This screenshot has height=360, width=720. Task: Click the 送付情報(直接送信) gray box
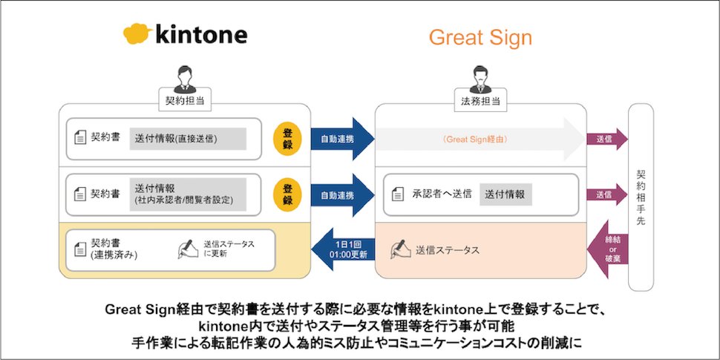point(188,139)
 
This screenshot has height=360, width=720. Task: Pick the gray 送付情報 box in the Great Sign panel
point(505,194)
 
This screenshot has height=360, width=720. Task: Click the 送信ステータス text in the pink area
point(447,250)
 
